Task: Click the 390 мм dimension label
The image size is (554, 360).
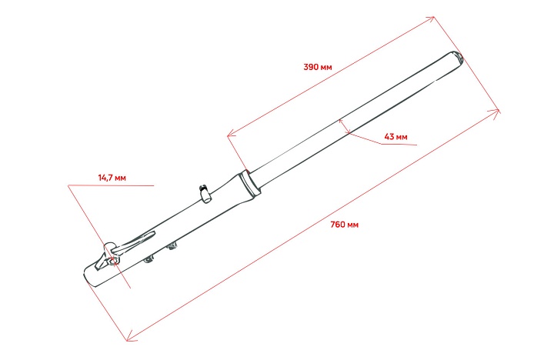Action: (318, 67)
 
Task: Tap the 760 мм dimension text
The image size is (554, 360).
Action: (344, 225)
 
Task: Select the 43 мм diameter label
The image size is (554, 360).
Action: (395, 136)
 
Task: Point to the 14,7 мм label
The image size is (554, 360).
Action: (112, 177)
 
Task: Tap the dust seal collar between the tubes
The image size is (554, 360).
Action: (249, 184)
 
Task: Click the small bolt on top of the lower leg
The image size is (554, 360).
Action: (205, 192)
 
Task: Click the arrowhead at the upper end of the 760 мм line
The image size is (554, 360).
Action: (497, 112)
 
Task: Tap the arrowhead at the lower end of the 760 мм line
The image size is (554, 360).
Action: (130, 336)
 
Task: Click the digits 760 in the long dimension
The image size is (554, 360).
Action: (336, 225)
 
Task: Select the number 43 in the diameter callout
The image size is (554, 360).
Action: (389, 136)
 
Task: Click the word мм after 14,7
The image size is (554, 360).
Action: (121, 177)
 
